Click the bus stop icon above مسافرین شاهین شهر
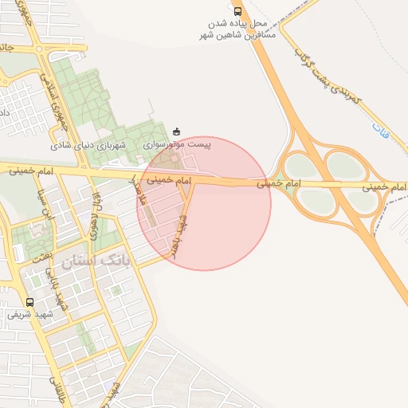pyautogui.click(x=237, y=11)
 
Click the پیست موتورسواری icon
pyautogui.click(x=176, y=131)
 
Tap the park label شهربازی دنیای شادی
pyautogui.click(x=89, y=146)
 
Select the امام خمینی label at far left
pyautogui.click(x=32, y=171)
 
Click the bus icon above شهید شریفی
pyautogui.click(x=30, y=303)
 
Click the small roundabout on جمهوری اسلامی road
pyautogui.click(x=39, y=49)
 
